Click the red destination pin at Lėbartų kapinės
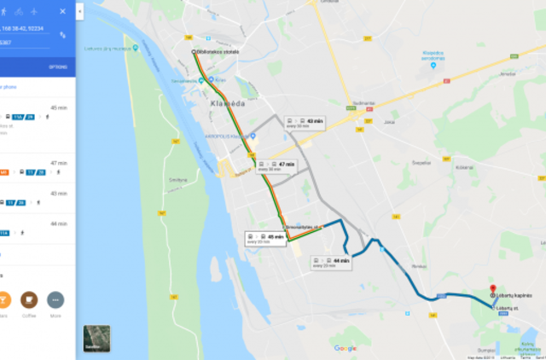492,288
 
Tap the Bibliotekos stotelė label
215,53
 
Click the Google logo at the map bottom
346,348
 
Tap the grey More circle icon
55,300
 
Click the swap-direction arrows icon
63,35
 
